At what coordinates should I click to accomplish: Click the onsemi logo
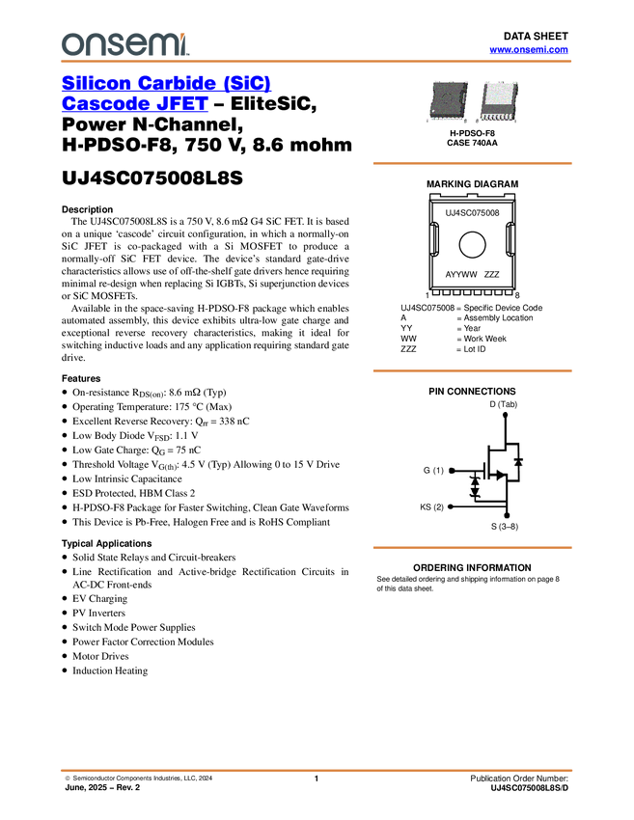pyautogui.click(x=125, y=44)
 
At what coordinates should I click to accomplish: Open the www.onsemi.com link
pyautogui.click(x=529, y=49)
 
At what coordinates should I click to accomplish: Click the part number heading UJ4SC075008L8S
pyautogui.click(x=152, y=178)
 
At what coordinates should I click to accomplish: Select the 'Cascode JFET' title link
pyautogui.click(x=135, y=103)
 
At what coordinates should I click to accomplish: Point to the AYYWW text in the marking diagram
pyautogui.click(x=461, y=275)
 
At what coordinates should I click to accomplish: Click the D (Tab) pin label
pyautogui.click(x=503, y=404)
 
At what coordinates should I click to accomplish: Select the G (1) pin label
pyautogui.click(x=433, y=471)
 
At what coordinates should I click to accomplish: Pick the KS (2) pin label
pyautogui.click(x=431, y=506)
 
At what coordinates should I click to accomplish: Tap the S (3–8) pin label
pyautogui.click(x=505, y=526)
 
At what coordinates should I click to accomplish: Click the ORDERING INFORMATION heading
pyautogui.click(x=472, y=567)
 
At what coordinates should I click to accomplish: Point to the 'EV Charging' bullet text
pyautogui.click(x=100, y=599)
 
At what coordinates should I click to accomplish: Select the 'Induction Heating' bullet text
pyautogui.click(x=110, y=671)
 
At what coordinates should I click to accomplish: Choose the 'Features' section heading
pyautogui.click(x=81, y=378)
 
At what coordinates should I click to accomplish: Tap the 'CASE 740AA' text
pyautogui.click(x=472, y=143)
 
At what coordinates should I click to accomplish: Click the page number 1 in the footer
pyautogui.click(x=317, y=779)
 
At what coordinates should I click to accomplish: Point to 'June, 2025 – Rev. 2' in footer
pyautogui.click(x=102, y=787)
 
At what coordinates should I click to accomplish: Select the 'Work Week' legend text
pyautogui.click(x=485, y=339)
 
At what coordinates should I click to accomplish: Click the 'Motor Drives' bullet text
pyautogui.click(x=100, y=656)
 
